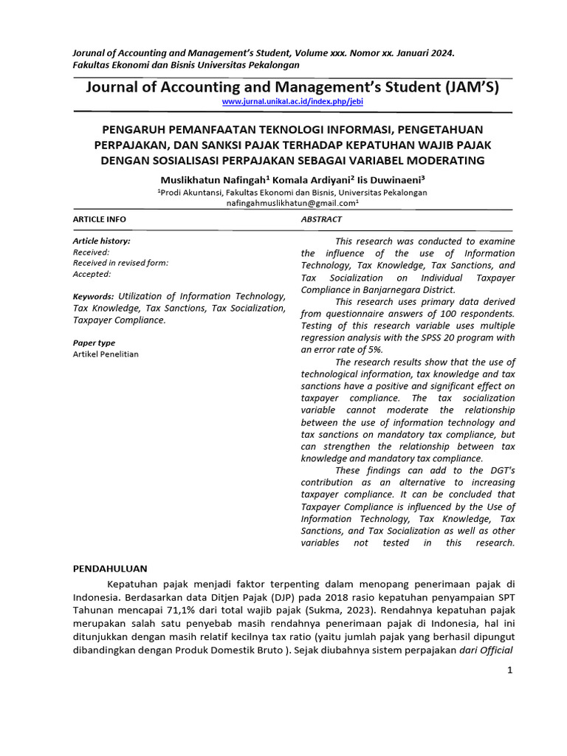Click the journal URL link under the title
292,100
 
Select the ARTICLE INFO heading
99,219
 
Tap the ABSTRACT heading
321,219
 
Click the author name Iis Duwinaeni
391,179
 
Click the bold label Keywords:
93,295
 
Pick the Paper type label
94,343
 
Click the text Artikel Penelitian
105,354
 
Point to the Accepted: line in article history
92,274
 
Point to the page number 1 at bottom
509,670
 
